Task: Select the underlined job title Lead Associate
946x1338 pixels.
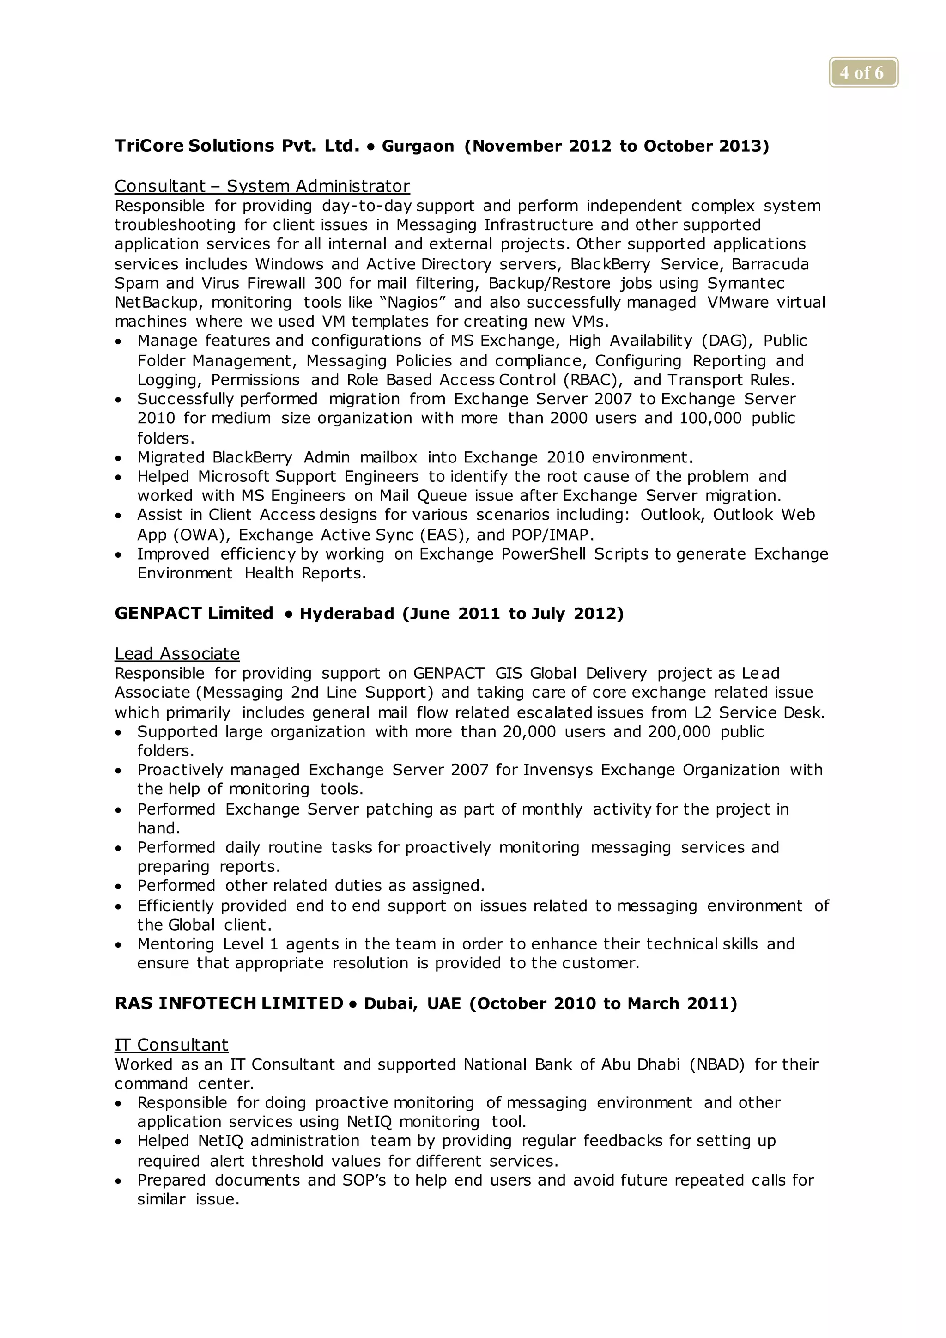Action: point(177,654)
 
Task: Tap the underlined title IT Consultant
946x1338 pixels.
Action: point(171,1045)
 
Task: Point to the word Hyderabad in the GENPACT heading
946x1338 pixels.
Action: point(346,614)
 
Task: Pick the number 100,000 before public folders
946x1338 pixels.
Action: point(710,419)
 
